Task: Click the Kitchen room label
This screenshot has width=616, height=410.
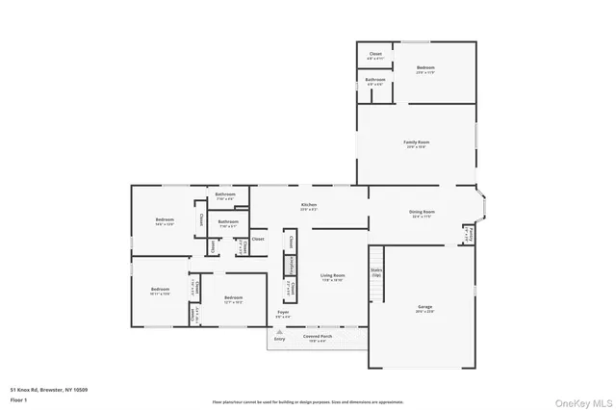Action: (x=308, y=205)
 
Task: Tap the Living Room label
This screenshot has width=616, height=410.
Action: (x=333, y=276)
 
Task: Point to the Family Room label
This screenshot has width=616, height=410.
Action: (x=416, y=142)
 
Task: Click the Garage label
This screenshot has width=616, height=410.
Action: (x=424, y=307)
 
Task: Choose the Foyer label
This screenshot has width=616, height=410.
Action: (x=284, y=313)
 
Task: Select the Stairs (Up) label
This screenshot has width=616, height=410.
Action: (x=376, y=271)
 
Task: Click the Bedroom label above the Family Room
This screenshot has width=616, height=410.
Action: (x=425, y=68)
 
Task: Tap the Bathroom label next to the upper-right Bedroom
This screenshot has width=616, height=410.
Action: (x=375, y=81)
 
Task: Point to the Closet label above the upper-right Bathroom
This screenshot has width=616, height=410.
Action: (x=375, y=54)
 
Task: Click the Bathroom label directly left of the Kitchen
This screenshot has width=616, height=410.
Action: (x=228, y=223)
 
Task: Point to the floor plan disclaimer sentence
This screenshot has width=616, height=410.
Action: (x=308, y=401)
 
